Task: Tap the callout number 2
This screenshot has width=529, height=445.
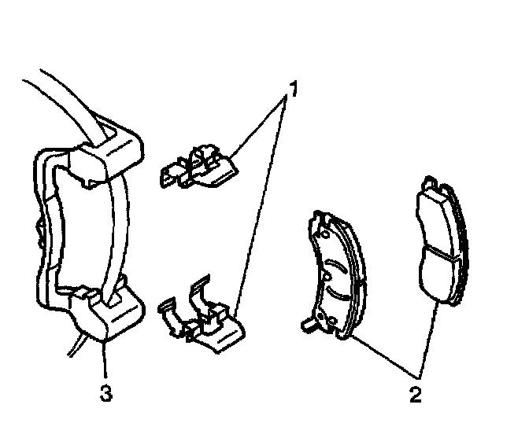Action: pyautogui.click(x=415, y=392)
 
